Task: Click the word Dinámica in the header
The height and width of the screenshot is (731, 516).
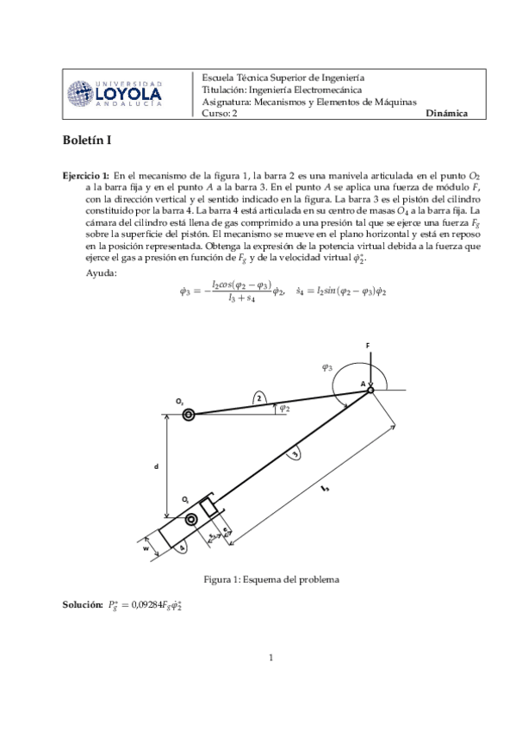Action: (x=446, y=113)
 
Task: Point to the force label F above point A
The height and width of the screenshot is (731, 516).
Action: (x=368, y=346)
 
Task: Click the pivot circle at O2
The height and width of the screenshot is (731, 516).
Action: (x=188, y=415)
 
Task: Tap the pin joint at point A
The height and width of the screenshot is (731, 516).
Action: (x=370, y=390)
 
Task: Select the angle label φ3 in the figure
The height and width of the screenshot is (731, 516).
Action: (x=327, y=367)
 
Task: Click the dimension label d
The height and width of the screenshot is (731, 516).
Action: (x=156, y=465)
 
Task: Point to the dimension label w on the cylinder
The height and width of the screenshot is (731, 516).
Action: (x=146, y=547)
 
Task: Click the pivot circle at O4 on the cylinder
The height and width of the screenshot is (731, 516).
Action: (x=190, y=519)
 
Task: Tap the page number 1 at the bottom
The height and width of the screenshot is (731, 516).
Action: (x=270, y=659)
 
